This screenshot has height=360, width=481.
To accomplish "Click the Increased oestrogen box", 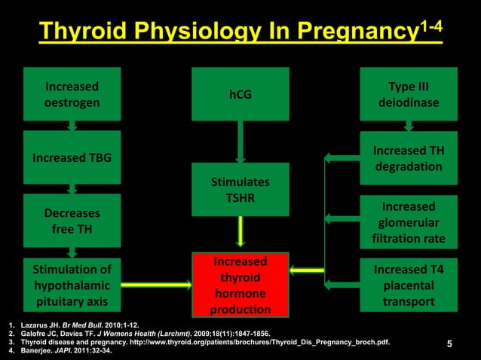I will (x=72, y=93).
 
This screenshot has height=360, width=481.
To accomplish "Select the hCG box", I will (x=240, y=94).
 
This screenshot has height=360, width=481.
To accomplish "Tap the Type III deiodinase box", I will (x=409, y=93).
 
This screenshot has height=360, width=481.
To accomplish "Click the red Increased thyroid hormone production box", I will (x=240, y=285).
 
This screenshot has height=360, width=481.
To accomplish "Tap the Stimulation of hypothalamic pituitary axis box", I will (x=72, y=285).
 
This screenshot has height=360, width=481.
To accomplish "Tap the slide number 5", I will (x=449, y=345).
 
